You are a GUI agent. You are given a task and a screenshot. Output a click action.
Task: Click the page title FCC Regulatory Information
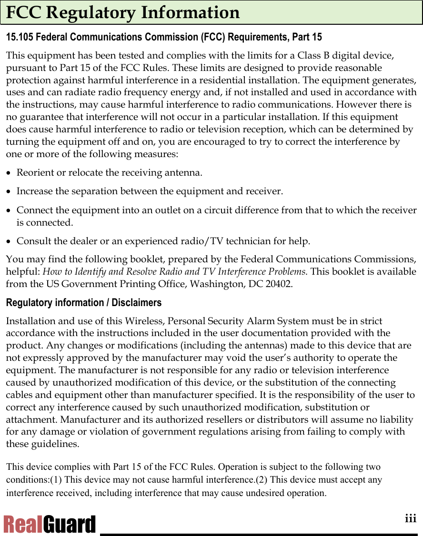(123, 13)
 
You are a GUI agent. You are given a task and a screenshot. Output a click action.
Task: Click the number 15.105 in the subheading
(19, 37)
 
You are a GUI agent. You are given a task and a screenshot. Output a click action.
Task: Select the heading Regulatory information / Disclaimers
(83, 303)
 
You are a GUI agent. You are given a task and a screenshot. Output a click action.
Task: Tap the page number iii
(411, 519)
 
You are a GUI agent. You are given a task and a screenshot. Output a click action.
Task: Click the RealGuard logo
(49, 525)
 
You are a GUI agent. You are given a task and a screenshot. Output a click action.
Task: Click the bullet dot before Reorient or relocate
(9, 173)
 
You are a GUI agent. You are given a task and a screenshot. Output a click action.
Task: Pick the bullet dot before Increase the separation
(9, 192)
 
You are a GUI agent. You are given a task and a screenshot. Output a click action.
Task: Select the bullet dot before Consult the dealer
(9, 242)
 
